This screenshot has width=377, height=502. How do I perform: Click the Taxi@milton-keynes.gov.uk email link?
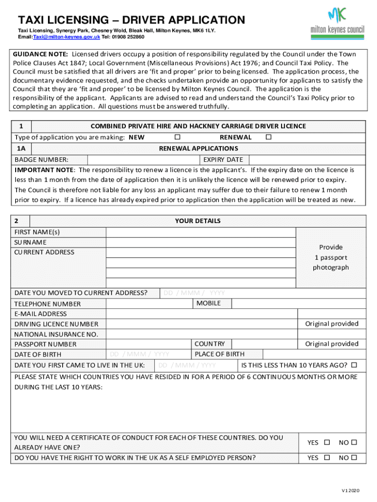(66, 37)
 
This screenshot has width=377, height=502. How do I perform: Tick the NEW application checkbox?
(177, 137)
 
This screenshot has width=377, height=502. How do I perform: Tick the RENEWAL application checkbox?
(268, 137)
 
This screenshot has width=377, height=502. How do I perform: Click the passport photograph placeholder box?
(331, 257)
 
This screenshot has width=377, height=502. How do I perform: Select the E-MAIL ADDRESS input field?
(201, 314)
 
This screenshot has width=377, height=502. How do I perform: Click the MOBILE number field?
(296, 303)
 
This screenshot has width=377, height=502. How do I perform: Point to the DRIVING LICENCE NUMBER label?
(56, 324)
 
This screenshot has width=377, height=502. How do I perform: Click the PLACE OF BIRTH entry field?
(314, 354)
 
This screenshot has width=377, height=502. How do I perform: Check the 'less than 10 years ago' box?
(354, 365)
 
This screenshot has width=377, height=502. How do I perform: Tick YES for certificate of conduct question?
(327, 443)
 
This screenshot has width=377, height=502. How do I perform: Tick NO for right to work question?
(354, 458)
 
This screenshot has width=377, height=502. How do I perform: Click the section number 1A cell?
(23, 148)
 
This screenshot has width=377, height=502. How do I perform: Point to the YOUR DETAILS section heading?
(197, 221)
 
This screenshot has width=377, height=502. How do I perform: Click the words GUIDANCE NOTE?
(41, 54)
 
